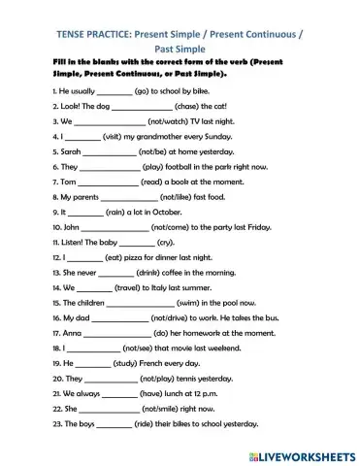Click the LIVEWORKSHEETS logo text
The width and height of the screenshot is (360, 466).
point(308,453)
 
